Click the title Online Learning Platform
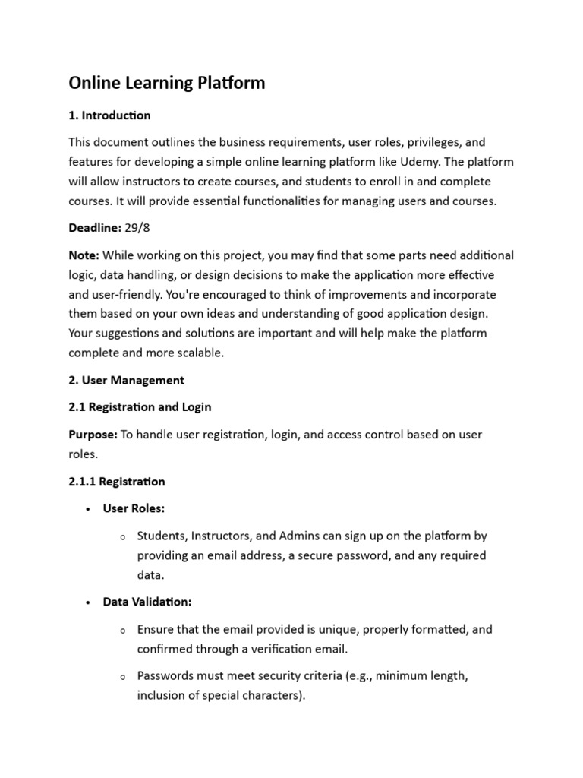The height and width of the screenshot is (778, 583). pyautogui.click(x=167, y=83)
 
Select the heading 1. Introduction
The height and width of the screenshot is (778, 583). pyautogui.click(x=109, y=115)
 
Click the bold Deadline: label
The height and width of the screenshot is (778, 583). pyautogui.click(x=93, y=228)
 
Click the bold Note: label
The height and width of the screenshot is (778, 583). pyautogui.click(x=84, y=255)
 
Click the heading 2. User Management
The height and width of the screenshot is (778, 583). pyautogui.click(x=126, y=380)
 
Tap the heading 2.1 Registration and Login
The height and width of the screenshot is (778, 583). pyautogui.click(x=140, y=407)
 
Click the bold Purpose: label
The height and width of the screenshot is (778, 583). pyautogui.click(x=93, y=434)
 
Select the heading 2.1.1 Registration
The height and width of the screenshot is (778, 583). pyautogui.click(x=116, y=482)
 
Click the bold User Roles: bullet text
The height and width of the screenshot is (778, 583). pyautogui.click(x=134, y=509)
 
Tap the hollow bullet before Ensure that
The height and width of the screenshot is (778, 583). pyautogui.click(x=122, y=630)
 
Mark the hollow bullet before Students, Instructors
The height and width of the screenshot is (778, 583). pyautogui.click(x=122, y=537)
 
